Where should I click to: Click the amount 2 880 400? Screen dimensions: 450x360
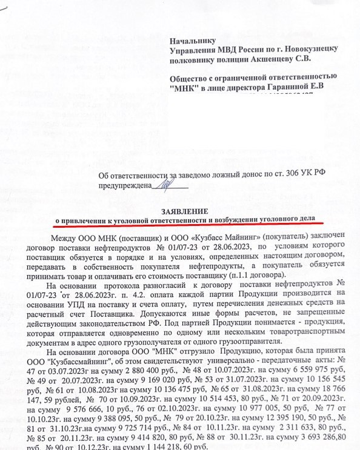[x=142, y=371]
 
